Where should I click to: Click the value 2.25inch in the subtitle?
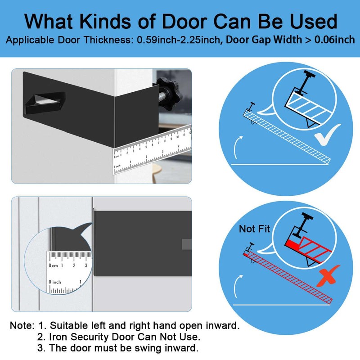[198, 40]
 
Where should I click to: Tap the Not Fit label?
[254, 229]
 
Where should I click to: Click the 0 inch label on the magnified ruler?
[55, 282]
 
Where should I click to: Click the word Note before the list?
[21, 325]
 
